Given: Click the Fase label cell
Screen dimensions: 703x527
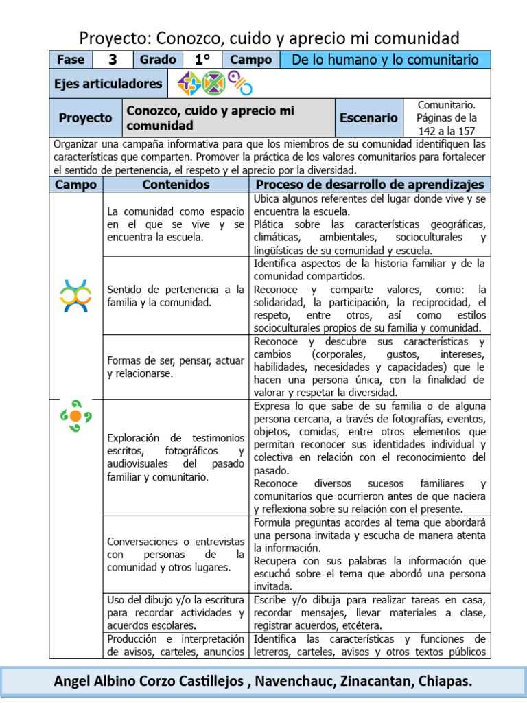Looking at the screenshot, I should point(71,60).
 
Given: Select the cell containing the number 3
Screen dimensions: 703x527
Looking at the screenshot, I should point(113,60).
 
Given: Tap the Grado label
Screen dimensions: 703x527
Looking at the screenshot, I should point(158,60).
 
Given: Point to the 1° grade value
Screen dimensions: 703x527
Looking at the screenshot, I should point(202,60).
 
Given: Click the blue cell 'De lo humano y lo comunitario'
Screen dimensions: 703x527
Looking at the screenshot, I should point(385,60).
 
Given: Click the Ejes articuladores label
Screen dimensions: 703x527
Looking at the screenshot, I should point(108,84).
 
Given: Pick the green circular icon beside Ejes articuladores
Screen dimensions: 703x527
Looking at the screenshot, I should point(213,84).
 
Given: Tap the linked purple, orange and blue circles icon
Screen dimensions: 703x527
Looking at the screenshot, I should point(240,83).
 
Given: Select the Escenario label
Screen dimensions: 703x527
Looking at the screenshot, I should point(368,118).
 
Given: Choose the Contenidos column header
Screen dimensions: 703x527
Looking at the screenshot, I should point(176,185).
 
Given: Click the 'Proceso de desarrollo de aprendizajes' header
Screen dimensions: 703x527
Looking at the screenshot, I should point(370,185).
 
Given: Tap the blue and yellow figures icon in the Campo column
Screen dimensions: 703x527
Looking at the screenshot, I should point(75,296).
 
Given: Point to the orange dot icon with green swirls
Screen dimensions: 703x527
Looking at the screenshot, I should point(75,415).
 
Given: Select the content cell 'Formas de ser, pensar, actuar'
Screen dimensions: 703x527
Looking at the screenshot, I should point(176,367).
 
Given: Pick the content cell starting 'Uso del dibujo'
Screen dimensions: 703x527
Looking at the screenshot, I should point(176,612).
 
